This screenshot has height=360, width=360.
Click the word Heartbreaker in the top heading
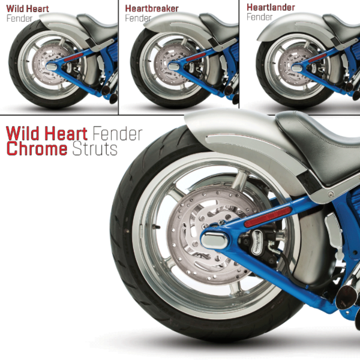click(152, 8)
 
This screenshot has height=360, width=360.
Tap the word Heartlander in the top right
click(271, 7)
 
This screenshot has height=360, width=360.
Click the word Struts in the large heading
click(95, 149)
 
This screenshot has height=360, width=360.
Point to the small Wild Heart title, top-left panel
click(28, 9)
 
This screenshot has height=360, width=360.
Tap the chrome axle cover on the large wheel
click(214, 241)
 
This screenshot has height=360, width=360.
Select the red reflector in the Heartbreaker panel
click(196, 57)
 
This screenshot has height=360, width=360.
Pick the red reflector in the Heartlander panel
click(317, 58)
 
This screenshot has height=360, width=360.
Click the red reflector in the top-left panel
click(73, 57)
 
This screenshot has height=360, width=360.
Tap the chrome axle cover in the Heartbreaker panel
click(173, 67)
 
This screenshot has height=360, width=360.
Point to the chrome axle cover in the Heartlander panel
click(297, 68)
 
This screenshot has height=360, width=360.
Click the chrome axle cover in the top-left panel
click(52, 67)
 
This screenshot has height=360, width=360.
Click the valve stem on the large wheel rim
click(157, 227)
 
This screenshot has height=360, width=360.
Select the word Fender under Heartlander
click(260, 17)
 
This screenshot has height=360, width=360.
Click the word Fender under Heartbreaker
click(138, 18)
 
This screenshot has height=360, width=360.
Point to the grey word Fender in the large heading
click(118, 133)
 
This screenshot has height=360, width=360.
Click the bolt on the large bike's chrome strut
click(331, 194)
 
